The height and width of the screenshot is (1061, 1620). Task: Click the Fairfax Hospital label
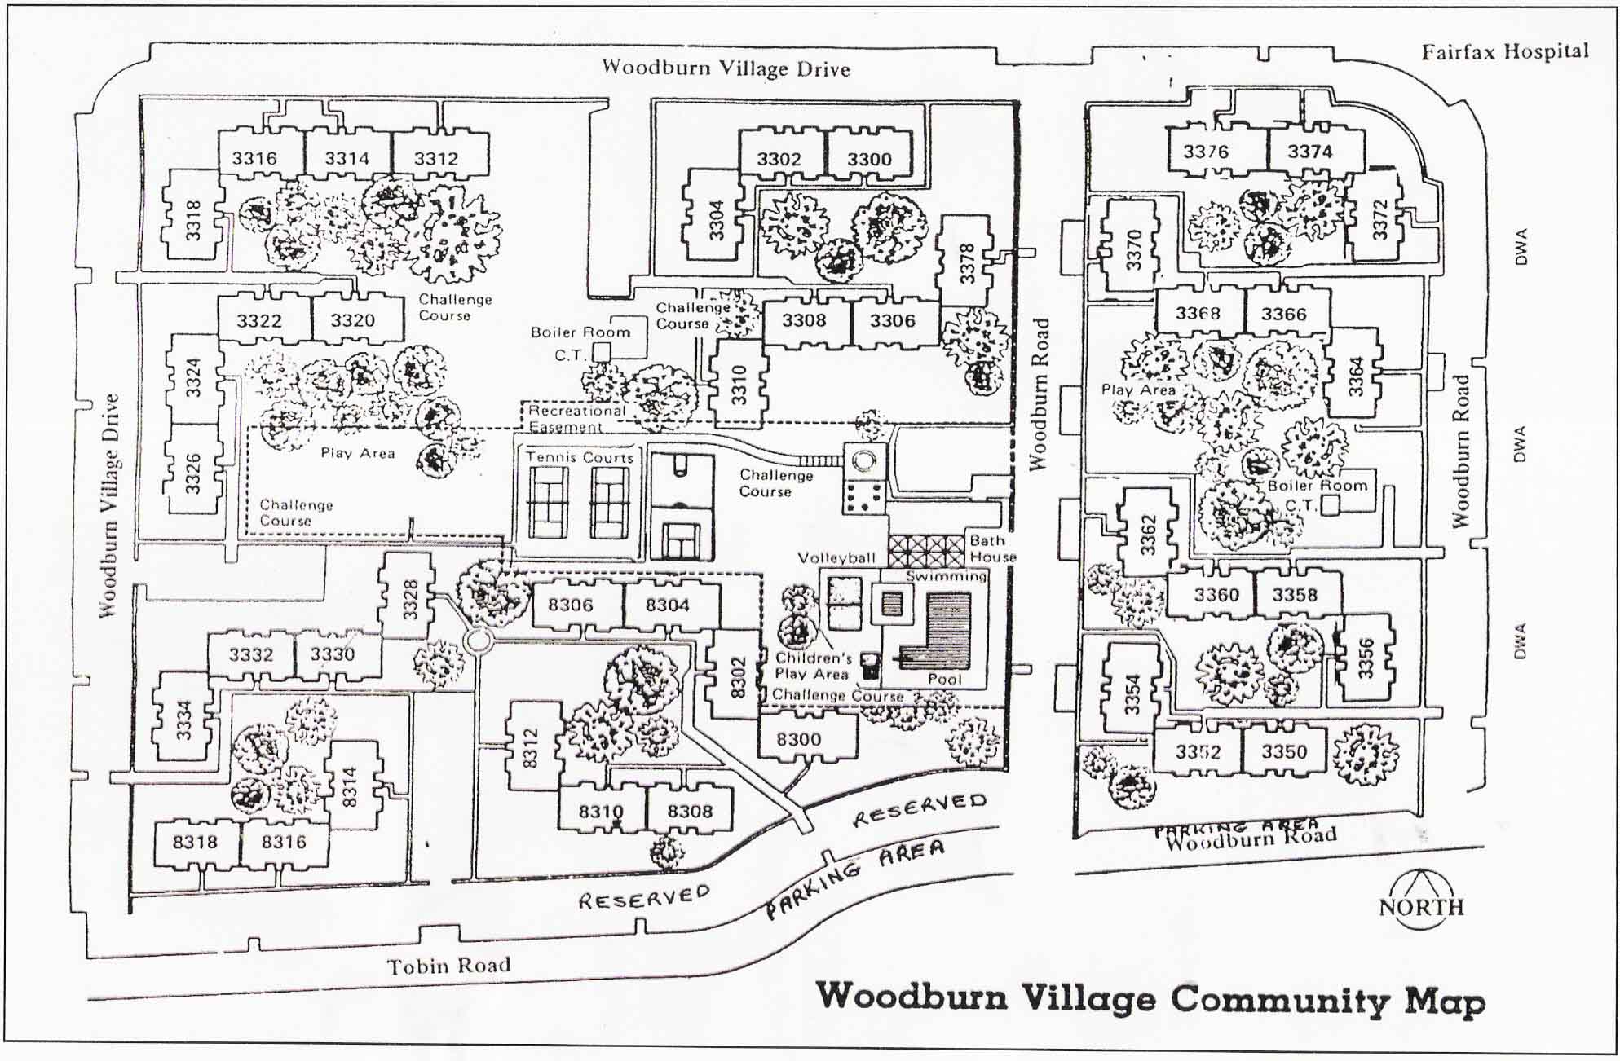point(1505,52)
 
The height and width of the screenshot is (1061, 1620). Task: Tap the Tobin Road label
point(448,966)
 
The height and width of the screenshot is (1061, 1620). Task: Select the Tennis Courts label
point(580,457)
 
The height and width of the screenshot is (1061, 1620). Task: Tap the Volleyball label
point(836,558)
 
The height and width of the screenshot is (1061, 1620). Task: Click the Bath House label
point(992,548)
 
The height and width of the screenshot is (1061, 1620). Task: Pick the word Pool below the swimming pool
point(945,679)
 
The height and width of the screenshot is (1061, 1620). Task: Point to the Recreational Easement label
point(576,419)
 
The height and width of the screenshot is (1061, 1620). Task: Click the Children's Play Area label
point(813,666)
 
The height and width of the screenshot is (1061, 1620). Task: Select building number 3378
point(967,262)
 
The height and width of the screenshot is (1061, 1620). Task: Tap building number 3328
point(410,599)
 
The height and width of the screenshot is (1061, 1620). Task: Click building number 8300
point(798,740)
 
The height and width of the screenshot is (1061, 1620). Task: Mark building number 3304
point(716,219)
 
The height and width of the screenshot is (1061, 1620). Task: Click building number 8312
point(531,748)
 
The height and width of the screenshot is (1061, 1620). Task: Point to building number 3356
point(1366,658)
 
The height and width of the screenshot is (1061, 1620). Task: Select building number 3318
point(193,220)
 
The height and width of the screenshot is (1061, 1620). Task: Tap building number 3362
point(1148,535)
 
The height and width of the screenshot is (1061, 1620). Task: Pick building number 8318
point(196,842)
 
